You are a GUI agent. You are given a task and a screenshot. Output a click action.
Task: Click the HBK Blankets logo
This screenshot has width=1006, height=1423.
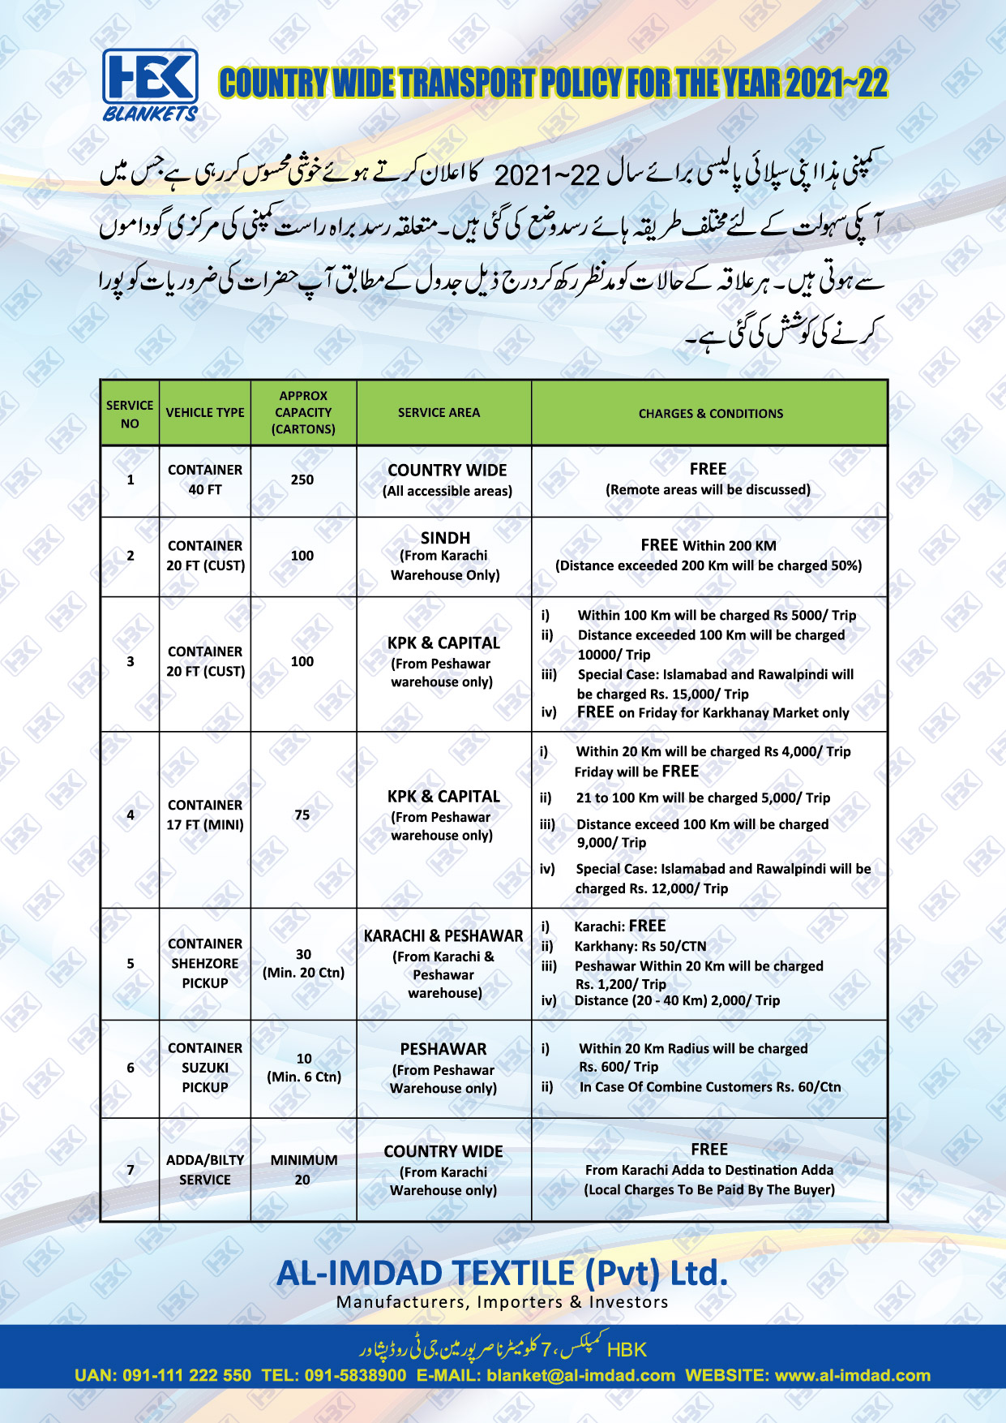[150, 84]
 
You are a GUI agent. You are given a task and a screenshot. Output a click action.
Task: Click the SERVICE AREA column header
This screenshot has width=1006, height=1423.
[439, 413]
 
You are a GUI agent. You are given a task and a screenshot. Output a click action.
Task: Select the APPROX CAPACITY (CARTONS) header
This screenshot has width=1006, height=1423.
[303, 413]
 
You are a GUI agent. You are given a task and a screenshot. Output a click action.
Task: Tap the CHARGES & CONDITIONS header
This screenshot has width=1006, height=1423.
[710, 414]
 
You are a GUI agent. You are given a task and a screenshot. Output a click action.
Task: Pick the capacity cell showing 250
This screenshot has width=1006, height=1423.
[302, 480]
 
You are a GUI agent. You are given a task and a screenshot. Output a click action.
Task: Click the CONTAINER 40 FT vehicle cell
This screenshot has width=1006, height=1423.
[205, 480]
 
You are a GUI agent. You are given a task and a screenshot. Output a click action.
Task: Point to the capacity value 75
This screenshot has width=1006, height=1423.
[302, 815]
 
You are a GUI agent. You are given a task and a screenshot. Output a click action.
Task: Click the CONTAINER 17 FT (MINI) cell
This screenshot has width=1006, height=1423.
[205, 815]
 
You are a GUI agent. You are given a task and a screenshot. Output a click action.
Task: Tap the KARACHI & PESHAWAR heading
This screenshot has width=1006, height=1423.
[443, 936]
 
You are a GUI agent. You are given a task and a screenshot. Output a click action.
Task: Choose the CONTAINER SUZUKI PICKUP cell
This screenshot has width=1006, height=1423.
[205, 1068]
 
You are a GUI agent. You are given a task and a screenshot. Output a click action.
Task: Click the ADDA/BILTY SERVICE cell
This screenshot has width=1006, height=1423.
[205, 1170]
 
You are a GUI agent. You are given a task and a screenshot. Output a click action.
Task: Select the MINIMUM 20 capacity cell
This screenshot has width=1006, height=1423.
[303, 1170]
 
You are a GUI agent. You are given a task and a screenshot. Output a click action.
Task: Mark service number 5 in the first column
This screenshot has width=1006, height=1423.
[131, 964]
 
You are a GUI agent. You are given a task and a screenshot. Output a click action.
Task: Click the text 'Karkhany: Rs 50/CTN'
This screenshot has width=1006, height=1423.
[640, 947]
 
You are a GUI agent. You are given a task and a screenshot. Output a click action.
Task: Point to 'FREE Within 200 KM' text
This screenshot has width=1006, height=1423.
[708, 546]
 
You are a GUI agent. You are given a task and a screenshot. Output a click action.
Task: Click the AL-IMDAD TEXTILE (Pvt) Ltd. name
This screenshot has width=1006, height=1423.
[502, 1274]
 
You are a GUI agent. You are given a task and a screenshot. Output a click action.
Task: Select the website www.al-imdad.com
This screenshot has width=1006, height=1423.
[852, 1376]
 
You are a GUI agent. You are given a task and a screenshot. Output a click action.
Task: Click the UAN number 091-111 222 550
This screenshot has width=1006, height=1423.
[186, 1376]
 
